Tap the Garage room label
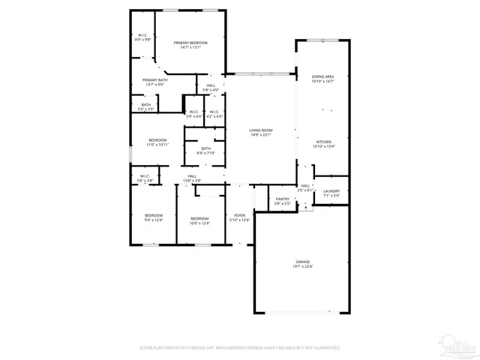click(301, 264)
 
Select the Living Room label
click(261, 133)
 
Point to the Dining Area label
click(322, 79)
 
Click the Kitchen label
click(323, 144)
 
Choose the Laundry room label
click(331, 193)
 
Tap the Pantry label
click(282, 201)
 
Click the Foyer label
click(240, 217)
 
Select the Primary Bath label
click(154, 82)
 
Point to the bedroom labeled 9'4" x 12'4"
click(153, 217)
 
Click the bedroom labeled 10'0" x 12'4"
click(199, 220)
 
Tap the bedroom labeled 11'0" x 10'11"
click(157, 142)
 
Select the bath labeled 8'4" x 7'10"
click(205, 151)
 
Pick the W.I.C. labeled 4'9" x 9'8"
click(142, 37)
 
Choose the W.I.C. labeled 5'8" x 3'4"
click(145, 178)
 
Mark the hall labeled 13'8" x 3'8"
click(192, 178)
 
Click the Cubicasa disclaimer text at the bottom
click(240, 348)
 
